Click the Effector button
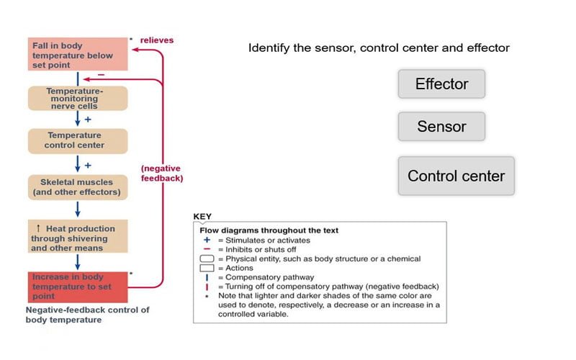[441, 84]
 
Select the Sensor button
[441, 127]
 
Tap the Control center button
[456, 176]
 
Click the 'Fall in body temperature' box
[78, 55]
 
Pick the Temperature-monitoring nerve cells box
[78, 99]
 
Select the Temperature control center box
[78, 140]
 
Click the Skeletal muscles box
[78, 187]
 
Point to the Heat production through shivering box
[78, 238]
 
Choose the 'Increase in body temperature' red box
[78, 287]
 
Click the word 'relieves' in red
[157, 40]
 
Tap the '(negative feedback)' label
[161, 173]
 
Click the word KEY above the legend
[203, 216]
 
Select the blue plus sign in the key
[206, 240]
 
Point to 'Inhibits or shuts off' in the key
[256, 249]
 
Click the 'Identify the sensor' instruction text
[379, 48]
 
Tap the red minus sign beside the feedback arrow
[101, 74]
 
